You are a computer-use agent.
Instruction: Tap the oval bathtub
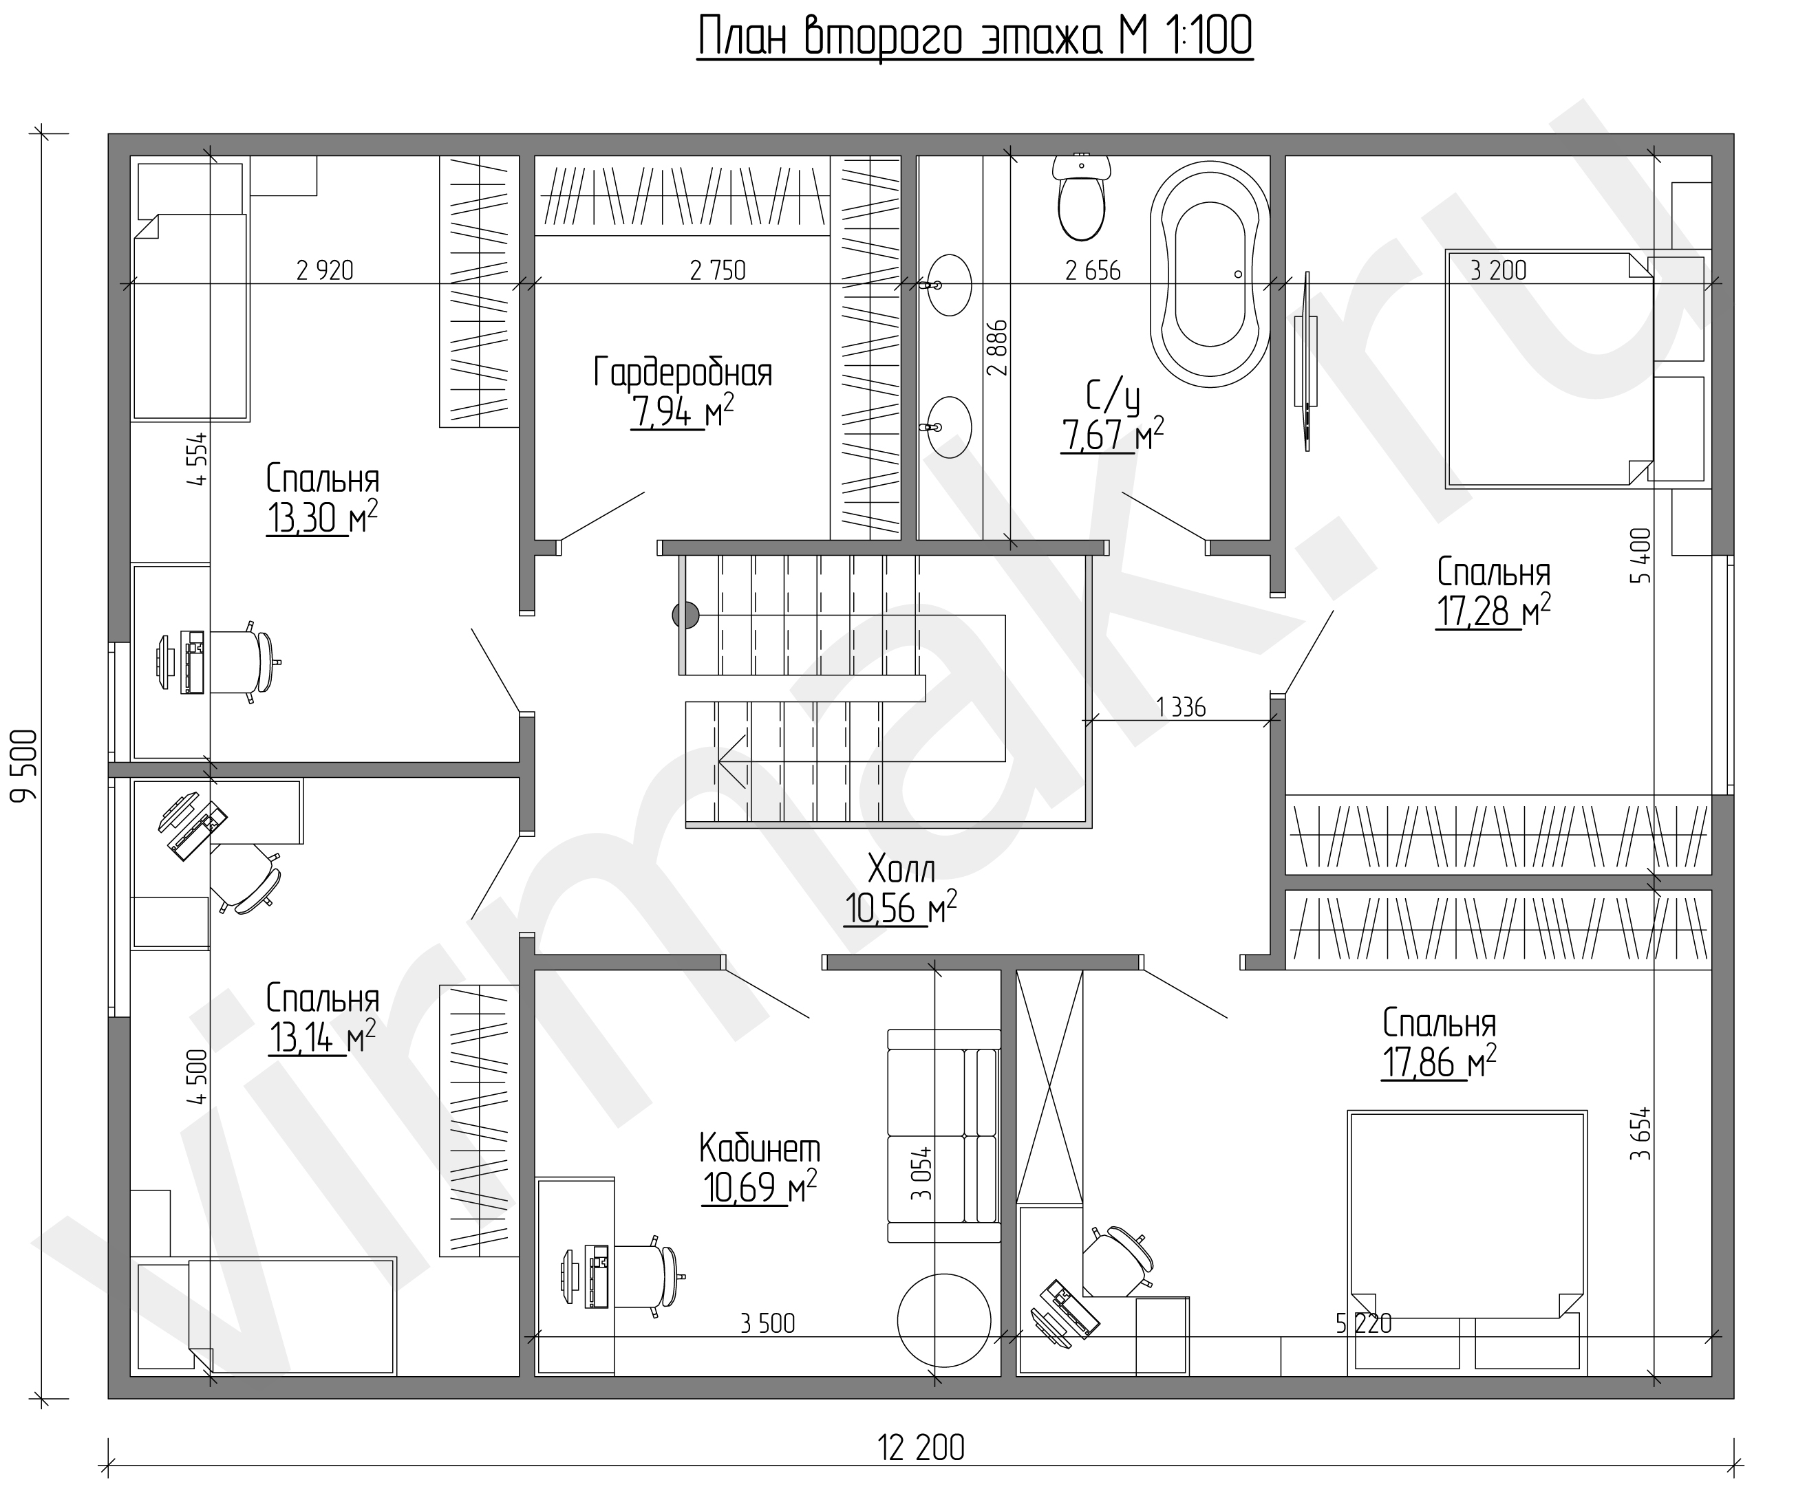point(1209,274)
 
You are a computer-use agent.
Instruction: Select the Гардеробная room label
point(683,373)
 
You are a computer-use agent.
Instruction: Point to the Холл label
point(901,869)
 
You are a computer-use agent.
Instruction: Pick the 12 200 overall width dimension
point(921,1448)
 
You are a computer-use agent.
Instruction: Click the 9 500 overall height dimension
point(25,766)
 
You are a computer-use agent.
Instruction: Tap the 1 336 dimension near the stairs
point(1180,707)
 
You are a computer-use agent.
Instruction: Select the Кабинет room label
point(760,1149)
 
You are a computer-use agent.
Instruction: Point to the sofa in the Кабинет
point(943,1135)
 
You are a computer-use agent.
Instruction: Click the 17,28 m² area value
point(1493,611)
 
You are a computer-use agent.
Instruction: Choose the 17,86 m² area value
point(1438,1063)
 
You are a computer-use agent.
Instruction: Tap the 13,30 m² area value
point(323,517)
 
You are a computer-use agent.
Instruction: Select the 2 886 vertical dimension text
point(997,348)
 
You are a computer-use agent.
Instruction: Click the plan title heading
point(975,39)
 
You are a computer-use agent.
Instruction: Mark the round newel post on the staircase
point(685,615)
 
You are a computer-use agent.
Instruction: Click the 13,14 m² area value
point(321,1037)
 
